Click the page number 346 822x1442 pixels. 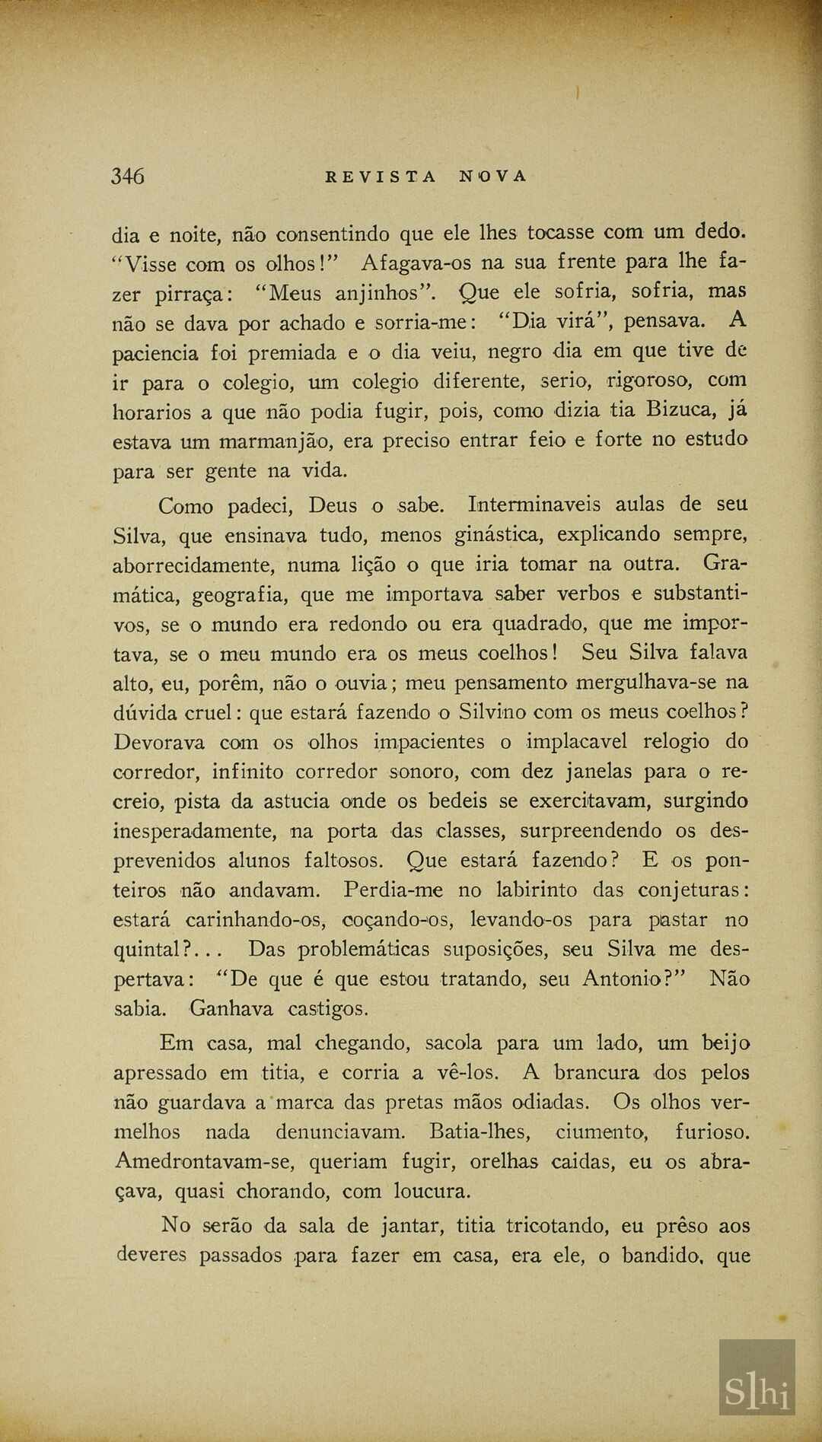coord(127,177)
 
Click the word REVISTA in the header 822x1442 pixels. coord(381,177)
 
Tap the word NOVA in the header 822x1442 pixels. coord(492,177)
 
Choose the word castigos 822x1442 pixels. coord(328,1009)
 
